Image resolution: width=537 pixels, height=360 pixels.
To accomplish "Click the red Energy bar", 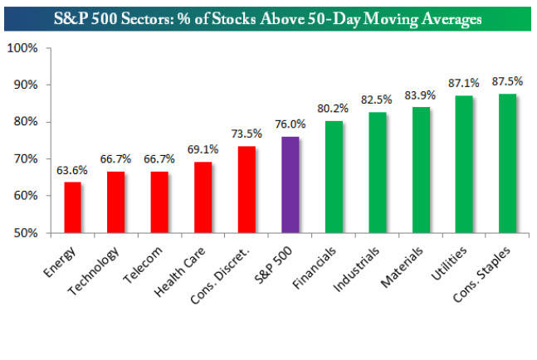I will pyautogui.click(x=73, y=207).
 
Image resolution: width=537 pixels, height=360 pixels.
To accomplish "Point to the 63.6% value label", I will pyautogui.click(x=73, y=171).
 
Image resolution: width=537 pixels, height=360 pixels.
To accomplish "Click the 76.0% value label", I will pyautogui.click(x=290, y=124).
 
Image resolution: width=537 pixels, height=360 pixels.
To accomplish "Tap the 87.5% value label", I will pyautogui.click(x=507, y=82).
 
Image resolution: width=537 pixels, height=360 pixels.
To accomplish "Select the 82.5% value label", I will pyautogui.click(x=377, y=100).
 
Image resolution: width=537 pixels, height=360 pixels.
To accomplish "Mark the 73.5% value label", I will pyautogui.click(x=247, y=134).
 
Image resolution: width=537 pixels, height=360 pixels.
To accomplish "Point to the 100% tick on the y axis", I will pyautogui.click(x=22, y=48).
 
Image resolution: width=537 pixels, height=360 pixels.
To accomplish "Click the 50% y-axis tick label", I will pyautogui.click(x=25, y=233).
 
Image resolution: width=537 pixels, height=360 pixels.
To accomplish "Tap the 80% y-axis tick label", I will pyautogui.click(x=25, y=122).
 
